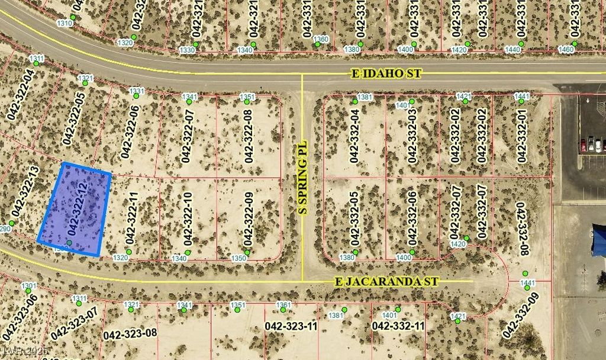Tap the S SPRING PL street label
(302, 177)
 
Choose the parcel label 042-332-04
(354, 136)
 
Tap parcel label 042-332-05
(354, 218)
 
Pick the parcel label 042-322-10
(188, 218)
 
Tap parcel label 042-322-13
(24, 193)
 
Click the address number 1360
(320, 39)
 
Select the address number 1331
(137, 91)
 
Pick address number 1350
(238, 258)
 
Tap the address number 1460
(566, 50)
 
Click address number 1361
(284, 305)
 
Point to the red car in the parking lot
(583, 144)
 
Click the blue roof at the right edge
(599, 240)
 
